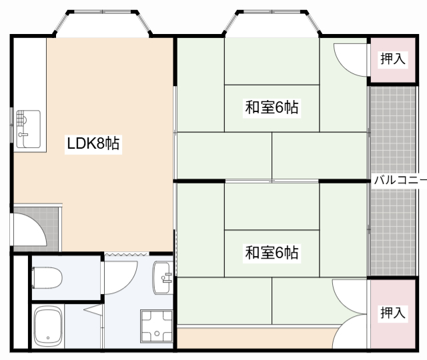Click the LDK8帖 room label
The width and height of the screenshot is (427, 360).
coord(93,143)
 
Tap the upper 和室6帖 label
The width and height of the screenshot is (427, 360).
coord(272,107)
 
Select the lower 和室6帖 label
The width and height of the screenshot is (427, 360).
coord(272,253)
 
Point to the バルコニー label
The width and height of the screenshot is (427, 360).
coord(400,180)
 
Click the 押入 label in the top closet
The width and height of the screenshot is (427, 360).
coord(393,59)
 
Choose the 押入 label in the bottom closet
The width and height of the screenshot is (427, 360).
coord(393,313)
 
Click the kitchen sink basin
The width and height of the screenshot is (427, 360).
coord(28,129)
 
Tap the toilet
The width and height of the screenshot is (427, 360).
coord(47,277)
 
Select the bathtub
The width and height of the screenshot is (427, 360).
coord(48,326)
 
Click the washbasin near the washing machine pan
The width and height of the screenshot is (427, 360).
coord(163,277)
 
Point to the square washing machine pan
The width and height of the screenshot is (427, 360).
coord(157,326)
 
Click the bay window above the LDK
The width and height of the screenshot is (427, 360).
coord(103,23)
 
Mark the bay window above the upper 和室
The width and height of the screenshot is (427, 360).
coord(272,23)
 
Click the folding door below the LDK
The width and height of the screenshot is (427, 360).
coord(127,254)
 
